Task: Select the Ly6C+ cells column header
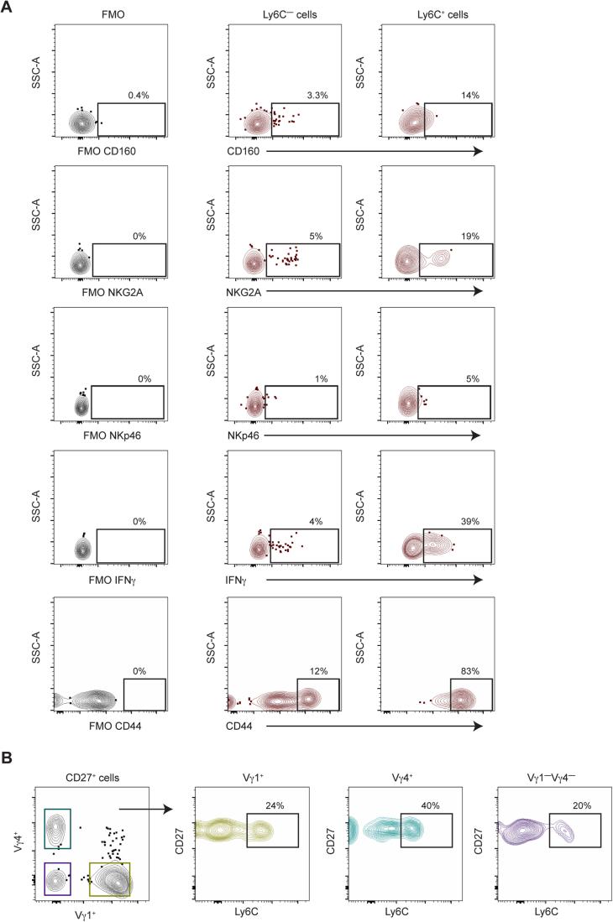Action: [x=437, y=14]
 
